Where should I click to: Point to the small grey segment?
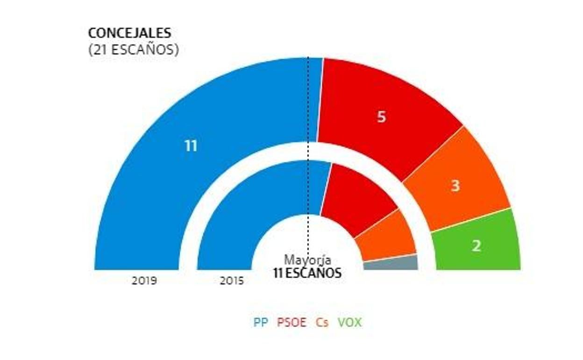coord(391,263)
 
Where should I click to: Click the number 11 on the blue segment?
coord(191,146)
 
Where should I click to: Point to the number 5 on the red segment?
coord(381,117)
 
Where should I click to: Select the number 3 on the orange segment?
coord(455,186)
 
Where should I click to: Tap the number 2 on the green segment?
coord(476,246)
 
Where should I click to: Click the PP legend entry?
coord(261,322)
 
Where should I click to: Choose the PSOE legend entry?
coord(292,322)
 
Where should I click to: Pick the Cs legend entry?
coord(322,322)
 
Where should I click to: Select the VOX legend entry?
coord(349,322)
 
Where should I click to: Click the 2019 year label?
coord(144,281)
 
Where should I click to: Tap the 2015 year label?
coord(232,281)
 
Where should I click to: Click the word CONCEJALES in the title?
coord(129,34)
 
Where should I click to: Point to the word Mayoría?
coord(308,260)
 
